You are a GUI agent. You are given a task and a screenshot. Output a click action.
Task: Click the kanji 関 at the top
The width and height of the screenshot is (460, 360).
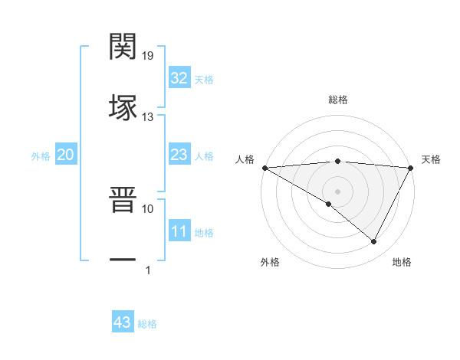click(123, 47)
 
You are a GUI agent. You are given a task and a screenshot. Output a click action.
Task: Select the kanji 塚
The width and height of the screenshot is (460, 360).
click(123, 108)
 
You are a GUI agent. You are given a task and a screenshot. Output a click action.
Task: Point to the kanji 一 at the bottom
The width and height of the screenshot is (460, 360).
click(123, 260)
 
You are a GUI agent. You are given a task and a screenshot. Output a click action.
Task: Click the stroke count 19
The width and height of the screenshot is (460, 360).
click(148, 55)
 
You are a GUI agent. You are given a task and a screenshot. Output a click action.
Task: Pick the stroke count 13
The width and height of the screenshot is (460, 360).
click(148, 116)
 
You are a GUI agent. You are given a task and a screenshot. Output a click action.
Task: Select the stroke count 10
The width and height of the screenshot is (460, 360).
click(148, 208)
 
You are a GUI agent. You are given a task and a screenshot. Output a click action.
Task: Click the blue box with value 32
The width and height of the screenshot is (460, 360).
click(179, 78)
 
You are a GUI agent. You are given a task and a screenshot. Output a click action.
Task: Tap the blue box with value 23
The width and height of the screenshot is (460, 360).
click(179, 155)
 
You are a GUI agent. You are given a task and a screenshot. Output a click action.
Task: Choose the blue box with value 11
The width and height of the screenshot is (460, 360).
click(179, 232)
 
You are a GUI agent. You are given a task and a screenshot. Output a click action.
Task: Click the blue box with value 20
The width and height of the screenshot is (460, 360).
click(65, 155)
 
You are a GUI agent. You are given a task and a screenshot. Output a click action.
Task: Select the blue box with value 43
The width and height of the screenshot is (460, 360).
click(122, 322)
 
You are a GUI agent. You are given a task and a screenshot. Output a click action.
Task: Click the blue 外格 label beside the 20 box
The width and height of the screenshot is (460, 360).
click(41, 156)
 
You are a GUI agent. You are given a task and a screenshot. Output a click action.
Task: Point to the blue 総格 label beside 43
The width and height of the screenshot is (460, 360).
click(147, 324)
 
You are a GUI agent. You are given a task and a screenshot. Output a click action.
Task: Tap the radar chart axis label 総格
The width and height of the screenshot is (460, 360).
click(337, 100)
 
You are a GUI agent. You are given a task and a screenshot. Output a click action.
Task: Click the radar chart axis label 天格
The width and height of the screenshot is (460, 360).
click(431, 159)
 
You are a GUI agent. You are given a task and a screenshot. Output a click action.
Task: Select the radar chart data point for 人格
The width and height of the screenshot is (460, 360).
click(264, 167)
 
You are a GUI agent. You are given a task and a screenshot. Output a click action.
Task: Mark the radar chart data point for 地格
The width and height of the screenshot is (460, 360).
click(374, 241)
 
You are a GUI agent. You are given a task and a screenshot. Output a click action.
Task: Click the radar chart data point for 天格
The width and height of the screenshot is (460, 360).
click(411, 167)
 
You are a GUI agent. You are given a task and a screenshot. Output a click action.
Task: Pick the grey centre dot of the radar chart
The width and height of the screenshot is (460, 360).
click(337, 191)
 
